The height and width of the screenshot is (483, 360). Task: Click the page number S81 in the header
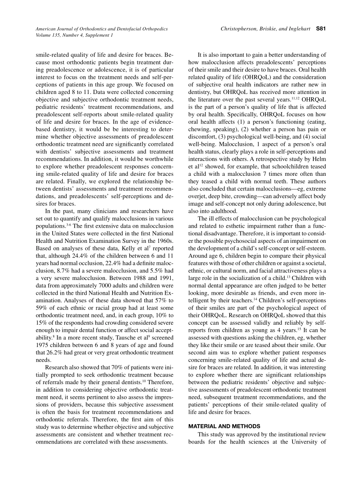point(321,28)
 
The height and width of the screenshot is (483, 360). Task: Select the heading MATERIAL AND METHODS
point(224,426)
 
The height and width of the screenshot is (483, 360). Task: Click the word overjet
point(200,196)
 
